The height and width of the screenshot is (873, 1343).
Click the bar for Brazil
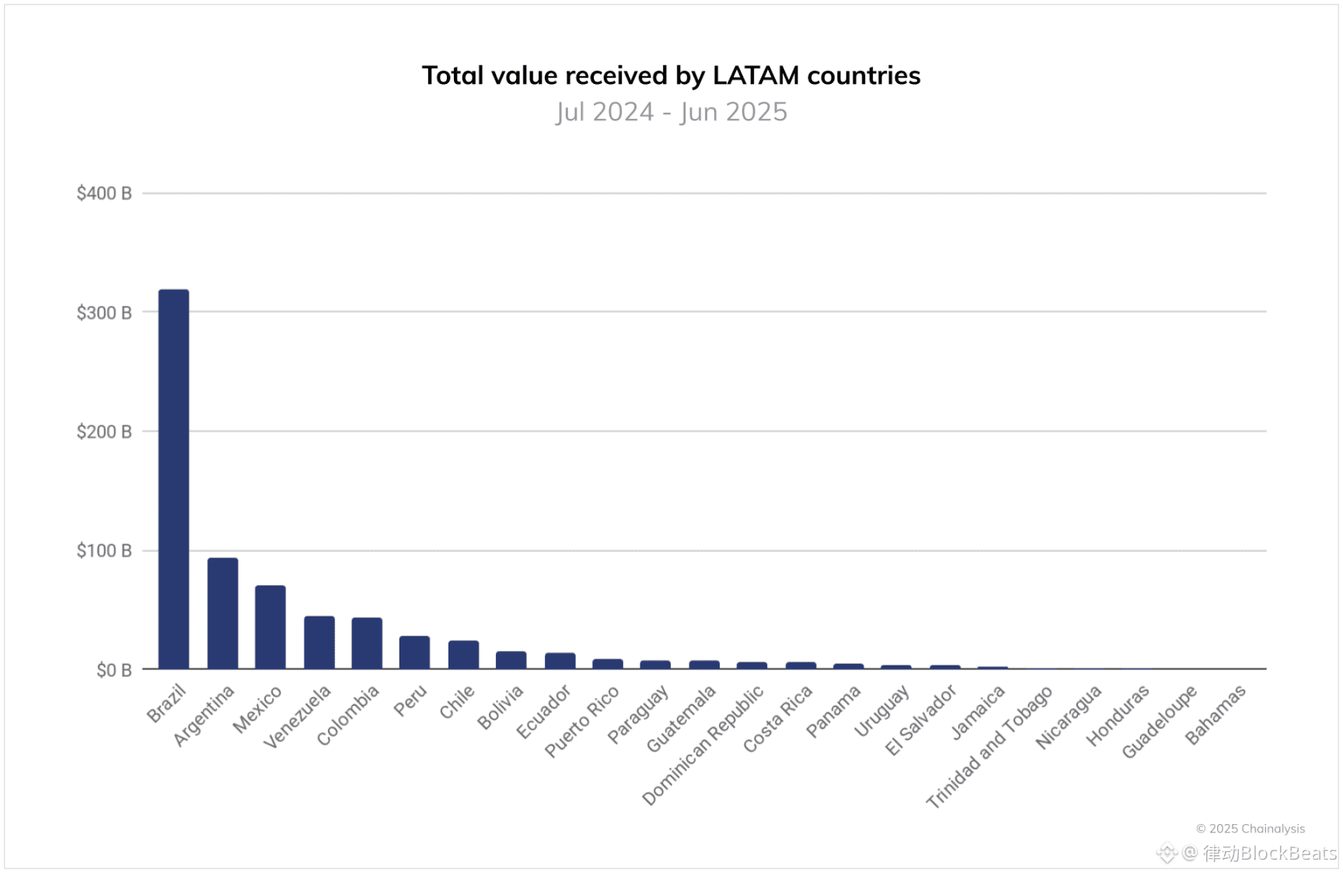173,479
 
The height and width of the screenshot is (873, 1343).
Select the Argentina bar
222,613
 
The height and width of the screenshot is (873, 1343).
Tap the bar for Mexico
270,627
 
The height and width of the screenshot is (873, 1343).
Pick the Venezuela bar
319,642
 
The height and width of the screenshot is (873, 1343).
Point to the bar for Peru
414,652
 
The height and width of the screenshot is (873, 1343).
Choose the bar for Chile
463,655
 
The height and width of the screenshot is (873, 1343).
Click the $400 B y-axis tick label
103,194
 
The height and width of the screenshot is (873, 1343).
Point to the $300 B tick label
103,313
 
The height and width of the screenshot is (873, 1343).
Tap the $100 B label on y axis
103,551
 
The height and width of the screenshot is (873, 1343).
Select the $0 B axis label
113,670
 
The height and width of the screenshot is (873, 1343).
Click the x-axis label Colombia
347,715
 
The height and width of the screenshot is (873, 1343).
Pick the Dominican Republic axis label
703,746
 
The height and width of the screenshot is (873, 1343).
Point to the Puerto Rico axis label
581,721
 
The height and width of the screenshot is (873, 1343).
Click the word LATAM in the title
755,75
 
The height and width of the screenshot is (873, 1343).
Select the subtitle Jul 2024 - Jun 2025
671,112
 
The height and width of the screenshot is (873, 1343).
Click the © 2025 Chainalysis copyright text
1250,829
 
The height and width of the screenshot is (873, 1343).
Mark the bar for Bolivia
511,660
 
